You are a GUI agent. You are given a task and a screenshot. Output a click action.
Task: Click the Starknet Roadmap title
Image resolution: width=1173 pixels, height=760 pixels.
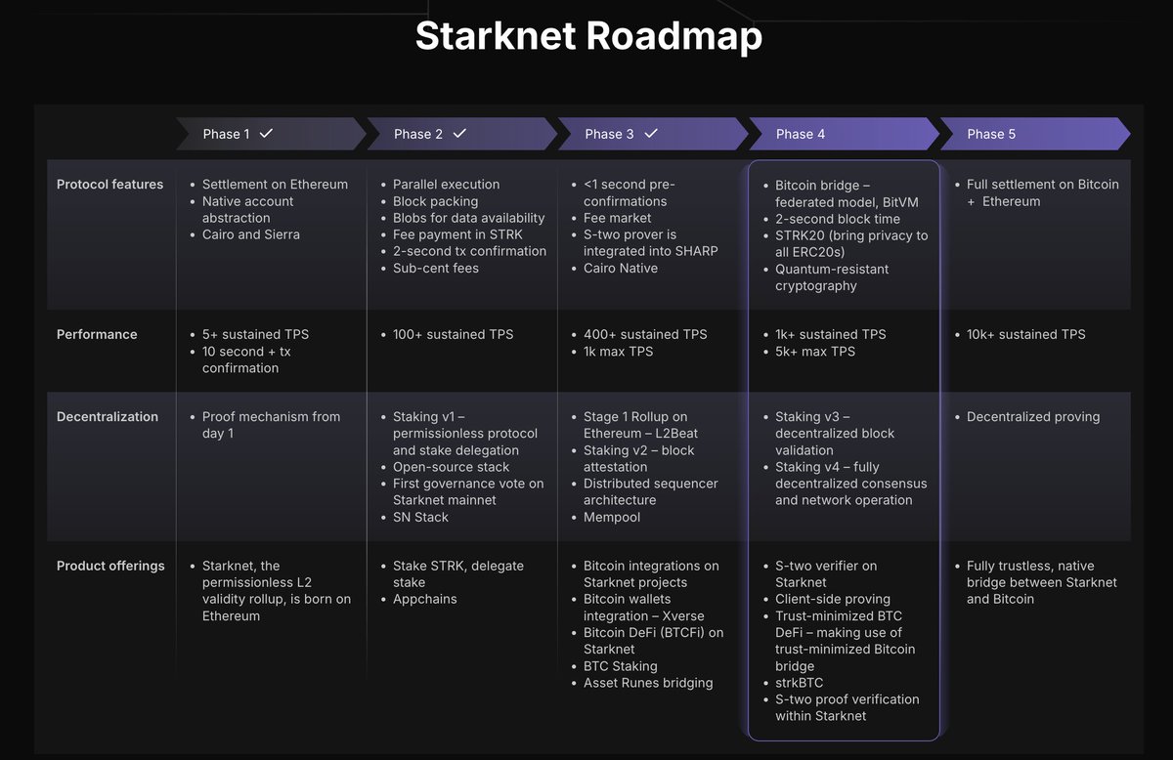pos(588,36)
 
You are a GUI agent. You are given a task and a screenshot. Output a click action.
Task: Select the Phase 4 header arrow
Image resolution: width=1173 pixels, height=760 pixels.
pos(801,134)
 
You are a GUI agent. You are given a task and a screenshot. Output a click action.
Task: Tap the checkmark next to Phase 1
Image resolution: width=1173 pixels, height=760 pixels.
pos(266,133)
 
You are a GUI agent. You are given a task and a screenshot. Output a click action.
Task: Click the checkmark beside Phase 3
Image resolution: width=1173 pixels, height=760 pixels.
pos(650,133)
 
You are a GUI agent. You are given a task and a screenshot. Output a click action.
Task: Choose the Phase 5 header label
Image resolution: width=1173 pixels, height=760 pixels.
pos(991,134)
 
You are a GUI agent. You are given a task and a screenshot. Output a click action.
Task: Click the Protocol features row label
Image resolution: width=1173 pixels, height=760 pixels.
pos(109,185)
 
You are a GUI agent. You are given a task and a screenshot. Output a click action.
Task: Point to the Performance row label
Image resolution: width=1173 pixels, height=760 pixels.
pos(97,334)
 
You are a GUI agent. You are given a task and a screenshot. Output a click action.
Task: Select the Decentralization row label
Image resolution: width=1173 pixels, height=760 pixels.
pos(108,417)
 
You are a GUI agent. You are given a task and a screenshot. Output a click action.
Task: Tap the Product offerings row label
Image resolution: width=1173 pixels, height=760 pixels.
pos(110,566)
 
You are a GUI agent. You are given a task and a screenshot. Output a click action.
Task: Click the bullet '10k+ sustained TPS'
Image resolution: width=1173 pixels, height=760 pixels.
pos(1025,334)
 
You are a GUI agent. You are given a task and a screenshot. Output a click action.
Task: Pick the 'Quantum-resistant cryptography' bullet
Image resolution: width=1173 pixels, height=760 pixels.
pos(832,277)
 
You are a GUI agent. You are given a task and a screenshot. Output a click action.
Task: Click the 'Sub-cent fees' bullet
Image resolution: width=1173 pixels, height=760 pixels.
pos(436,268)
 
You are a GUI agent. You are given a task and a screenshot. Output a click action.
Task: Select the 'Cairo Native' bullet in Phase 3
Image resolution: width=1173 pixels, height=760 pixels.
pos(621,268)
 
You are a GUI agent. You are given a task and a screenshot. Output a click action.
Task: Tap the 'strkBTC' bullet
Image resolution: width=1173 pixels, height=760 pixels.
pos(801,683)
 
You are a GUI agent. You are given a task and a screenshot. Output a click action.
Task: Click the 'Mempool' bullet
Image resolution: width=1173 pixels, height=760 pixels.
pos(612,517)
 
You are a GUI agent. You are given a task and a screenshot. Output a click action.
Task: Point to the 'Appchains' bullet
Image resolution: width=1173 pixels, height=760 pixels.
pos(425,599)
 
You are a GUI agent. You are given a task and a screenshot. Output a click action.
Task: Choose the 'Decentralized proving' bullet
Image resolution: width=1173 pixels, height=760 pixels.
pos(1032,417)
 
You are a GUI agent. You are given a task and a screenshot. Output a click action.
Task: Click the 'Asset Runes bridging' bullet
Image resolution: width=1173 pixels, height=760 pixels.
pos(647,683)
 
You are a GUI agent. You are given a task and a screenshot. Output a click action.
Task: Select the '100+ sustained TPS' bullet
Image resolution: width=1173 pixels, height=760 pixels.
pos(452,334)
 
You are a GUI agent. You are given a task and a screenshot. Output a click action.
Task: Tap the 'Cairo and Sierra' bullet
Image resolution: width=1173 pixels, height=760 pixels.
pos(251,234)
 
